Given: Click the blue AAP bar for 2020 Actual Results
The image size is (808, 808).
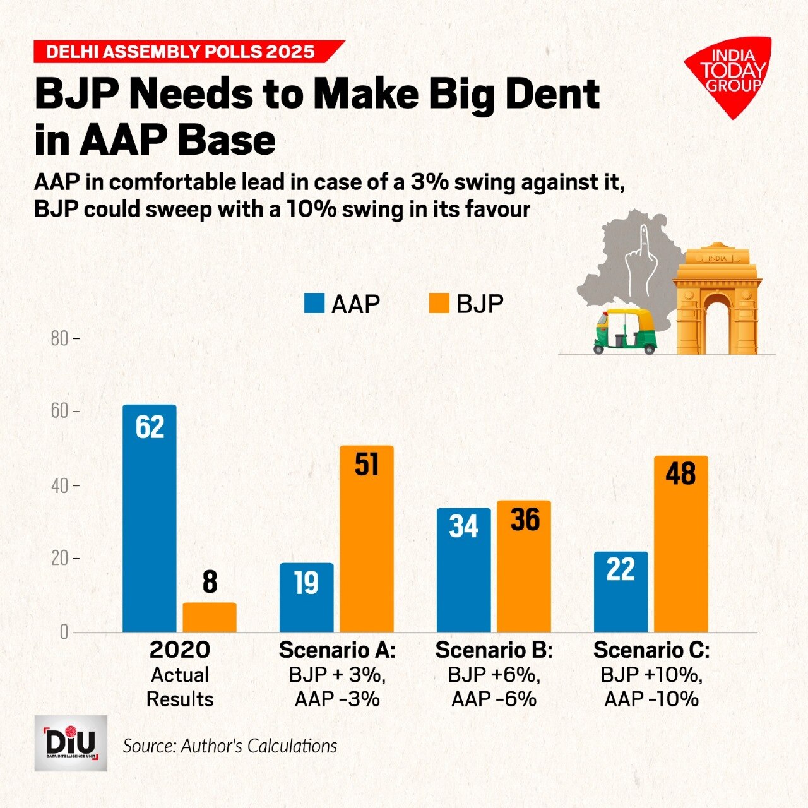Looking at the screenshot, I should click(150, 518).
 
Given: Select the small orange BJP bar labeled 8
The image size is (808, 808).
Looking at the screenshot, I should click(210, 617).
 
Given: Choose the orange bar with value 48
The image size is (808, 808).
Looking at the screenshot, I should click(680, 544).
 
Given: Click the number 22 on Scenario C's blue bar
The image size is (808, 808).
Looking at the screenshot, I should click(620, 569).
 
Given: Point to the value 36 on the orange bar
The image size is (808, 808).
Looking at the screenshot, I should click(525, 520).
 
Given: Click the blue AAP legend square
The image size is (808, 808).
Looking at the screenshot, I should click(314, 304).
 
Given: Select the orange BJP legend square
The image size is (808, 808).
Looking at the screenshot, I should click(439, 304).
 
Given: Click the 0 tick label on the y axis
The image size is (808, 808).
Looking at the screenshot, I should click(64, 632).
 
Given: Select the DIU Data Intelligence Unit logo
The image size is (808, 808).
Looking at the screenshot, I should click(71, 743).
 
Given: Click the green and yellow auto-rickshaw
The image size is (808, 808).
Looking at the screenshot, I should click(624, 331).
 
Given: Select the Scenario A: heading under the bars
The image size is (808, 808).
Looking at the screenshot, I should click(337, 650).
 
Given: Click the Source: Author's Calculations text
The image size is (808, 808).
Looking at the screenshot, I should click(230, 746).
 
